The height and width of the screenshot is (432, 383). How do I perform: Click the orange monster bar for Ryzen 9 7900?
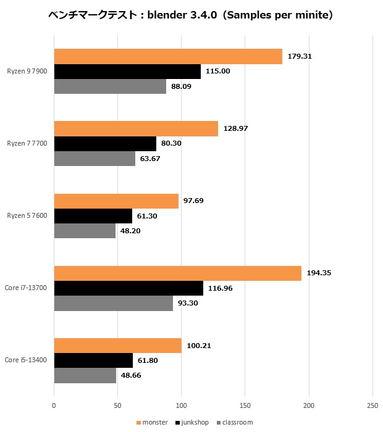(168, 56)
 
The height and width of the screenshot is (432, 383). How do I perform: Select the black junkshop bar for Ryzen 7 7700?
(105, 144)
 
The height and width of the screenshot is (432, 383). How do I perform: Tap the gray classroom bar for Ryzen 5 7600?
(85, 231)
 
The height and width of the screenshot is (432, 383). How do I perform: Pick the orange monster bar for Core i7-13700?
(178, 273)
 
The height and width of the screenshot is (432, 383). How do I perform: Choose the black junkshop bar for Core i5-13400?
(93, 360)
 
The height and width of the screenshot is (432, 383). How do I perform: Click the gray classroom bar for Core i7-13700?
(114, 303)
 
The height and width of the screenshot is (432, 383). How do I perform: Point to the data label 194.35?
(319, 273)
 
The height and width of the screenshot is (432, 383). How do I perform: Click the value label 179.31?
(300, 56)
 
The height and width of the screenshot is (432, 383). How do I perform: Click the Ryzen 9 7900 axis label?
(28, 71)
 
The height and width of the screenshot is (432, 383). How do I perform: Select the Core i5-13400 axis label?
(26, 360)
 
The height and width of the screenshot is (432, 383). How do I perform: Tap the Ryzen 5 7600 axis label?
(28, 216)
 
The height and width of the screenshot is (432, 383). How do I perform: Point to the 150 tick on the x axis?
(245, 405)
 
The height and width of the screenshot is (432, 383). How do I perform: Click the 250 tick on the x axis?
(372, 405)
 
